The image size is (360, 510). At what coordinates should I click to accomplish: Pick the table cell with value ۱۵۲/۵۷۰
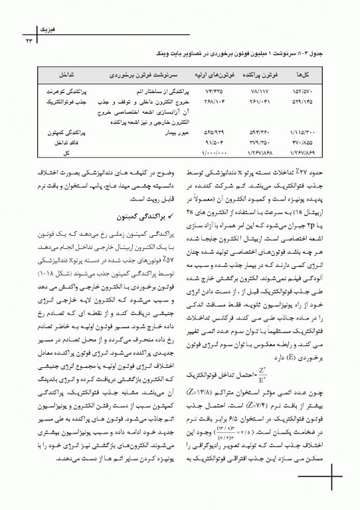[x=305, y=88]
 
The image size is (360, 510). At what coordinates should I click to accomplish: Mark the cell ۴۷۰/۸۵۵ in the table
[x=305, y=142]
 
